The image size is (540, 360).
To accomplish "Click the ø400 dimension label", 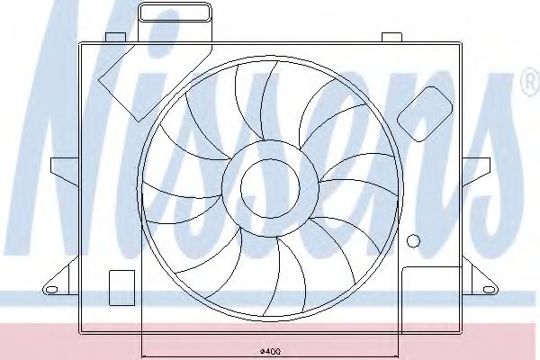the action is coord(270,351).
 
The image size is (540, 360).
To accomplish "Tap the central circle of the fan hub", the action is coord(270,188).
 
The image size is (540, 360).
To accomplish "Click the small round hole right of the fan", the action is coord(413,240).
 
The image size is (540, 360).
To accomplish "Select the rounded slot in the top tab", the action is coord(175,13).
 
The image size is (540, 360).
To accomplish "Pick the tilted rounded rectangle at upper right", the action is coord(425,114).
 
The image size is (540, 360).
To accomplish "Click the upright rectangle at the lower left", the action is coord(121,288).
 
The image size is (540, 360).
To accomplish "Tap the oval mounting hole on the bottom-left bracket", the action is coord(51,290).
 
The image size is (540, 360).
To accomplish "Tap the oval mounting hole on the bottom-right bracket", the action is coord(489,290).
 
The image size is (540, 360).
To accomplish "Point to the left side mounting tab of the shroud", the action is coord(65,169).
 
